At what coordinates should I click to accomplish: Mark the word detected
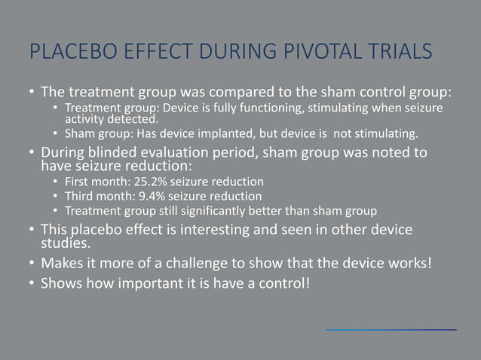tap(138, 119)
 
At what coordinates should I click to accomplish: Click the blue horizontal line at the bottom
tap(391, 330)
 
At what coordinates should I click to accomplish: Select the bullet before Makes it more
tap(31, 264)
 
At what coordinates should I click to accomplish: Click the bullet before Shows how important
tap(31, 285)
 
